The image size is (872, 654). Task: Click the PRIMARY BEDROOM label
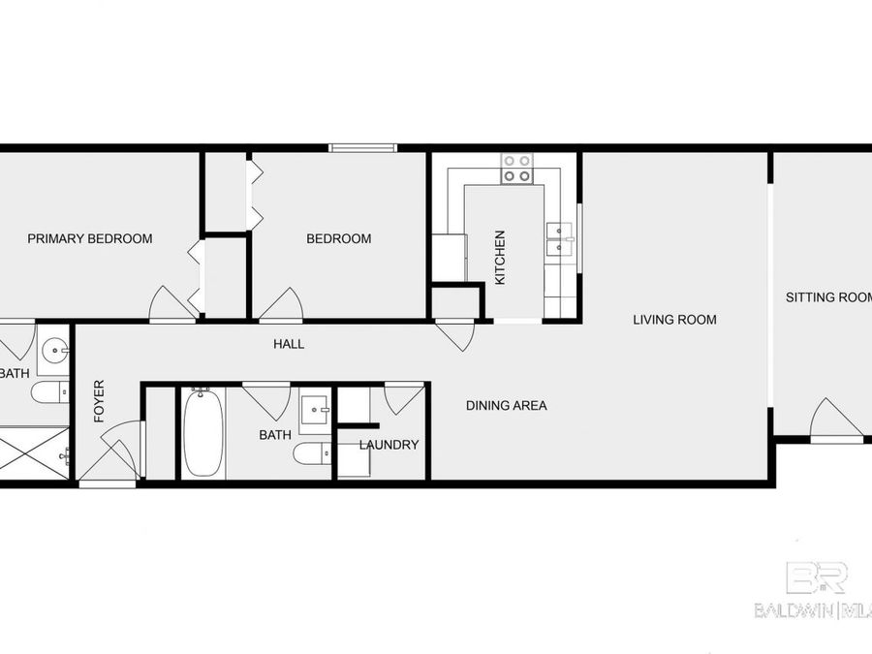[89, 238]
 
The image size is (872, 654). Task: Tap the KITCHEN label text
[500, 257]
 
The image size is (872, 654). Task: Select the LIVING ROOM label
[674, 319]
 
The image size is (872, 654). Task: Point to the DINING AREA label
[506, 405]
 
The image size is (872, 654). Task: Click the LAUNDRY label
[389, 445]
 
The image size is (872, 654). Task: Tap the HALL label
[288, 343]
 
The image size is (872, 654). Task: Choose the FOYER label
[99, 401]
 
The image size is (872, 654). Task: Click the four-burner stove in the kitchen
[516, 169]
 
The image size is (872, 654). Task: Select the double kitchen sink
[559, 238]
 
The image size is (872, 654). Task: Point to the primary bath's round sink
[55, 349]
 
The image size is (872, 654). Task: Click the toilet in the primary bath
[47, 392]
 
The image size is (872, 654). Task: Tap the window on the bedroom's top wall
[362, 147]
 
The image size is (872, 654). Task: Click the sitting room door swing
[834, 419]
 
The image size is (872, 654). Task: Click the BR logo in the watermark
[816, 577]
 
